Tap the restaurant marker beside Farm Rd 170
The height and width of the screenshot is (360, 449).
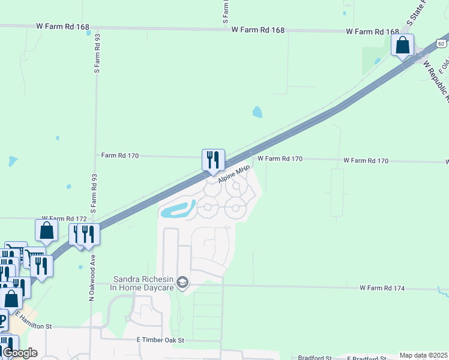pos(213,160)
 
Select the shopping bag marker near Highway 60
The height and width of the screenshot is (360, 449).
pos(402,45)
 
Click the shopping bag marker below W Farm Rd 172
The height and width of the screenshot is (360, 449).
pos(46,230)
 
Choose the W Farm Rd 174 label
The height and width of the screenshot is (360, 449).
pos(382,289)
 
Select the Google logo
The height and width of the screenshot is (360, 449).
pos(20,353)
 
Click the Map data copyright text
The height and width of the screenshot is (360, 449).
pos(423,355)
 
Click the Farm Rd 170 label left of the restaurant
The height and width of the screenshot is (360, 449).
pos(120,155)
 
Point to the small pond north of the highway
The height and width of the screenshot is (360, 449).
pos(258,112)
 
